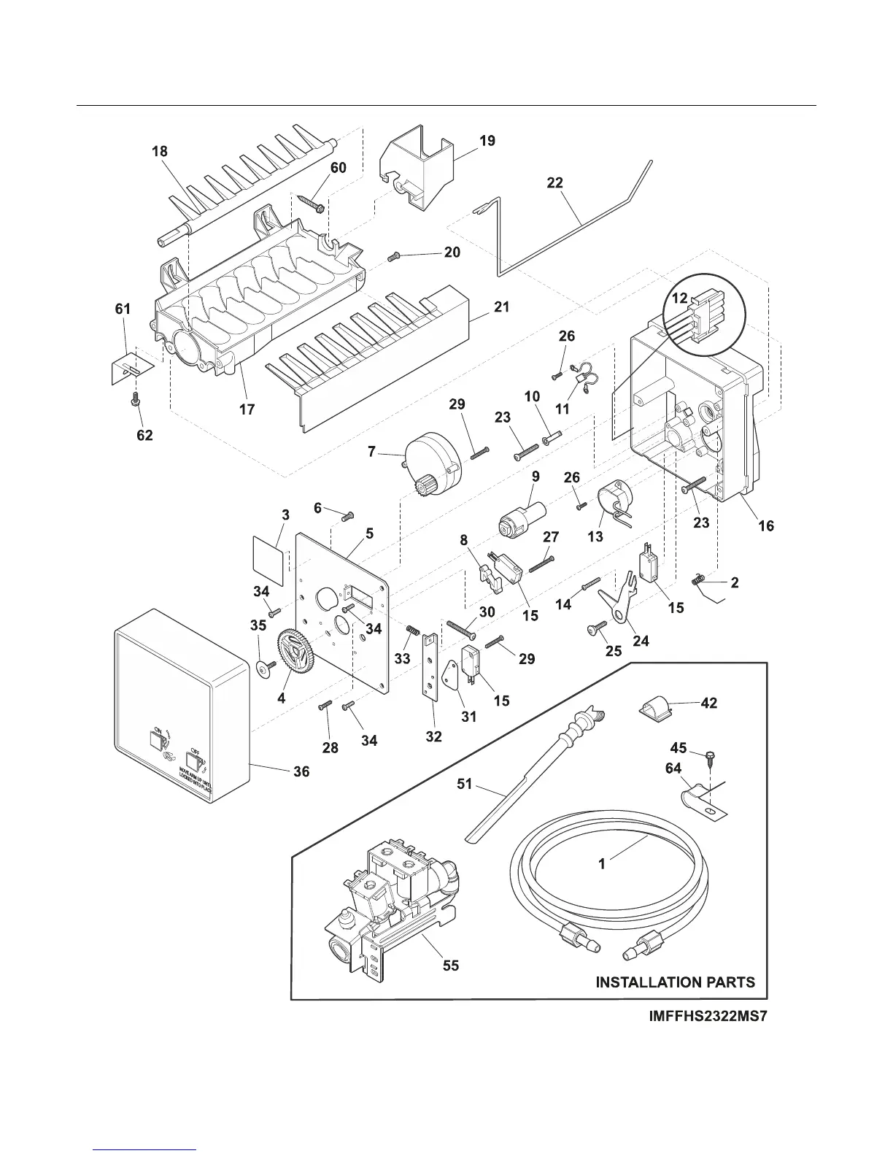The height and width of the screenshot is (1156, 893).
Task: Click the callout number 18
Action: (160, 151)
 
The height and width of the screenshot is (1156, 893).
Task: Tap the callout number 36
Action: (301, 771)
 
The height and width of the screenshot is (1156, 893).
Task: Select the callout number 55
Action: (451, 965)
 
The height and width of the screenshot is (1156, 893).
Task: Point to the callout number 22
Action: (555, 182)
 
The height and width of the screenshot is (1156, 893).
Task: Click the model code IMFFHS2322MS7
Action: (708, 1016)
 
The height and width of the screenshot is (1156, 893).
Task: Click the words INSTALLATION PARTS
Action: (675, 982)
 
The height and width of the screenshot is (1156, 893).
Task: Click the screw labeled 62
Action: (135, 398)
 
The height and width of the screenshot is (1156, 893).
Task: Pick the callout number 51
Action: (464, 785)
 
